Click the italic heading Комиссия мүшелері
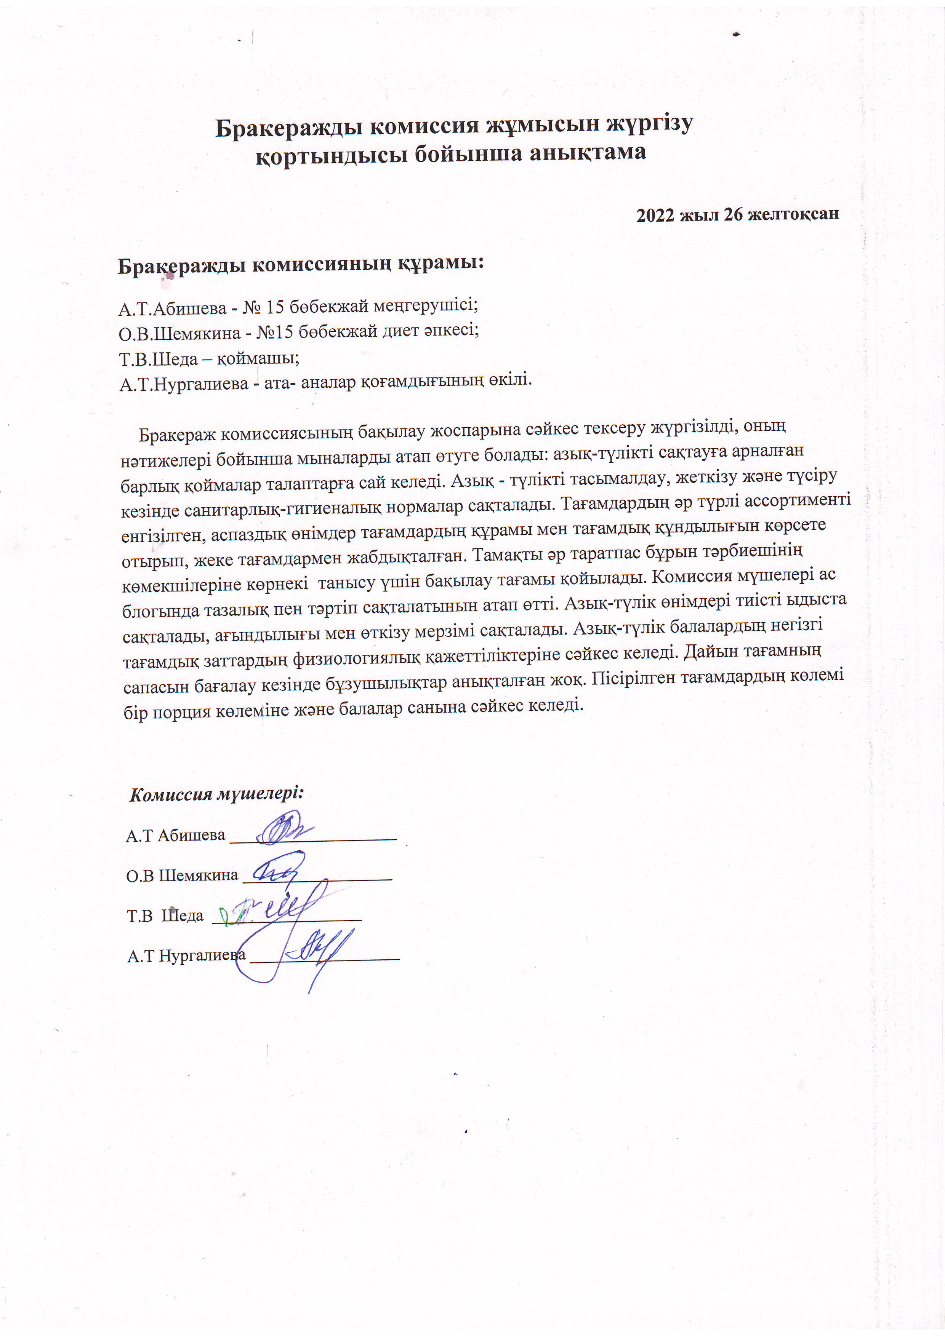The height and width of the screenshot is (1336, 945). coord(216,794)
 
